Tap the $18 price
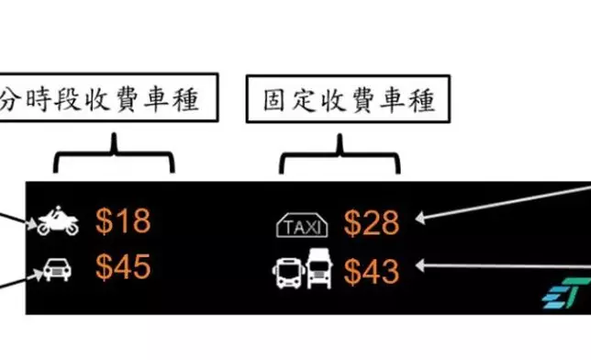coord(123,221)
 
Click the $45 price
coord(123,267)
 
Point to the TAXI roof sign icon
coord(300,224)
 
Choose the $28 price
coord(372,222)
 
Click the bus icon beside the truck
coord(286,270)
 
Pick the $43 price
coord(372,270)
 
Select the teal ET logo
coord(564,293)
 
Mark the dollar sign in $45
coord(105,267)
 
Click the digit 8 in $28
coord(388,222)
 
